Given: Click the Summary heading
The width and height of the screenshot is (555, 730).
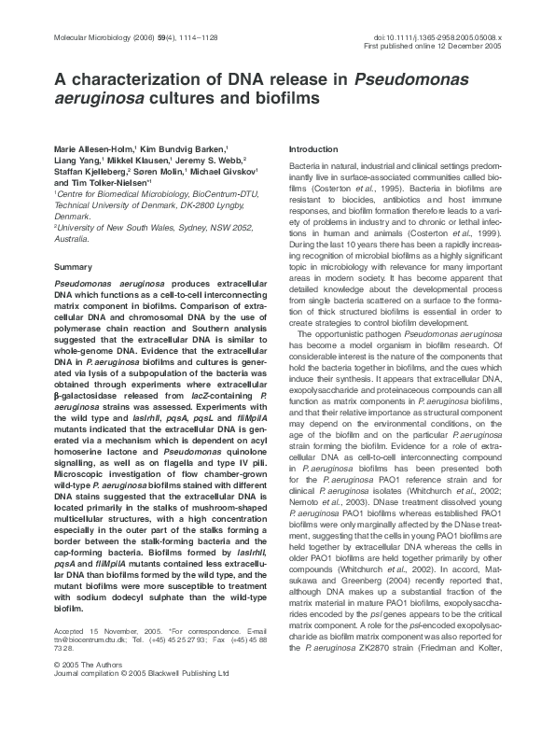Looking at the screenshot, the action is click(x=75, y=268).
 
